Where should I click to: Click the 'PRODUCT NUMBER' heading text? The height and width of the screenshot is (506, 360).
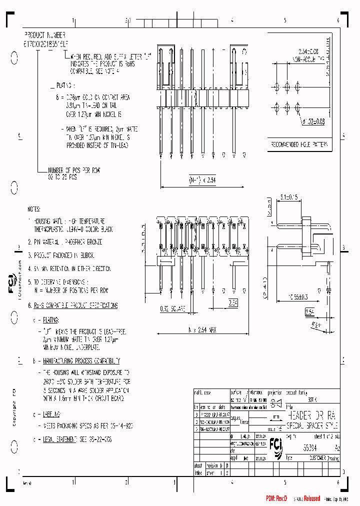pos(45,35)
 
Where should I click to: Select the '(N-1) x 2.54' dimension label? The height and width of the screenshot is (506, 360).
pos(202,180)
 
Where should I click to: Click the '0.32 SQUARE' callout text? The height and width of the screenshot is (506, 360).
pos(172,309)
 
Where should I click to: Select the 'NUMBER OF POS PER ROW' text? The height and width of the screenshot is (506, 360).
pos(74,170)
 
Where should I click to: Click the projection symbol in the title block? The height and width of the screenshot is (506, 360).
pos(275,402)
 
